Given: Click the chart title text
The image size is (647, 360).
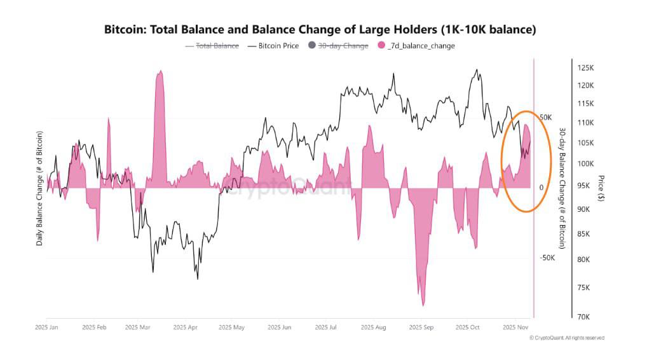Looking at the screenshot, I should click(x=320, y=29).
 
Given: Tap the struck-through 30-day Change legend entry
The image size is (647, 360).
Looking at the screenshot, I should click(x=342, y=46).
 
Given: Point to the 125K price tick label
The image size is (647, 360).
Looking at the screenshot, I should click(x=585, y=67).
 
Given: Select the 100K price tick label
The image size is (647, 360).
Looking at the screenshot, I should click(x=585, y=164).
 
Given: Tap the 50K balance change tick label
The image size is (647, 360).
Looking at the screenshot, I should click(x=546, y=118).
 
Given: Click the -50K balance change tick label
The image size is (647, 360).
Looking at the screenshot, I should click(x=547, y=258).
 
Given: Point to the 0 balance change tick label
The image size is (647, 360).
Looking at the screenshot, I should click(x=541, y=188).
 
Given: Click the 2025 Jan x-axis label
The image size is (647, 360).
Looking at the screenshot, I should click(x=46, y=328).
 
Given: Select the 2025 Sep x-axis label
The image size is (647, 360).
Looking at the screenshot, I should click(x=421, y=328).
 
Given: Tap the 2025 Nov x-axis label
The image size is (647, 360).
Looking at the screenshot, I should click(x=515, y=328).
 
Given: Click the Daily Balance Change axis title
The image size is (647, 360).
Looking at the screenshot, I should click(x=39, y=188).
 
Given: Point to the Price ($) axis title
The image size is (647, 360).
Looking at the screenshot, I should click(x=601, y=188).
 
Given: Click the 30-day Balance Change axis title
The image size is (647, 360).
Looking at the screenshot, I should click(x=562, y=188).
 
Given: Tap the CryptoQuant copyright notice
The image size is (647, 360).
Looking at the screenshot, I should click(x=566, y=338).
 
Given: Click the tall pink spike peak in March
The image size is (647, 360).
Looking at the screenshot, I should click(x=159, y=73).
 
